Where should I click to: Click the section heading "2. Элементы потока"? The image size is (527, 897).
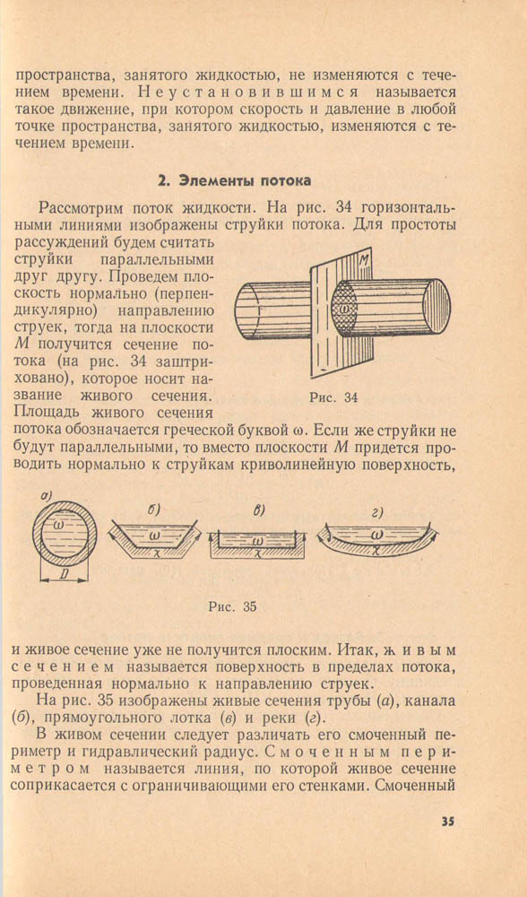click(x=234, y=181)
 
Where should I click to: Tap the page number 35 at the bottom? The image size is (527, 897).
click(x=447, y=822)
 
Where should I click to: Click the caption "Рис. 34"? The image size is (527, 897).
click(x=333, y=397)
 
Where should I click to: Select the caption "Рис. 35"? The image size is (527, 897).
click(x=233, y=607)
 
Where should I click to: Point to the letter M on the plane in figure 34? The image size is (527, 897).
click(x=364, y=261)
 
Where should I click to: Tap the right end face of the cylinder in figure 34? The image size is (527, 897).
click(x=437, y=305)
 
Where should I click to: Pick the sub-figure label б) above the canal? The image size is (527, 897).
click(x=152, y=509)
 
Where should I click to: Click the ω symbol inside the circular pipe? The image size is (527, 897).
click(x=61, y=525)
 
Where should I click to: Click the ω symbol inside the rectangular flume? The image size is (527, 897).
click(x=258, y=539)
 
